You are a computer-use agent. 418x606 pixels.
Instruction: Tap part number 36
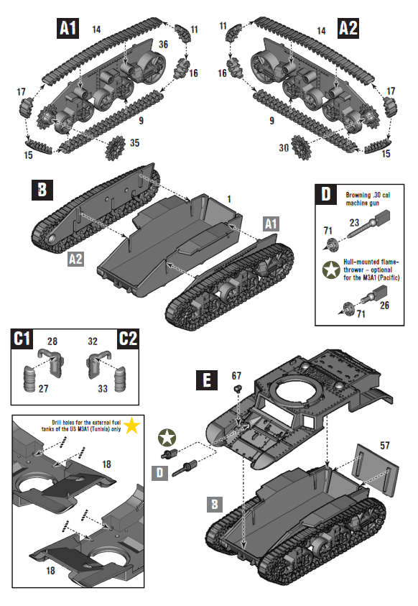(163, 45)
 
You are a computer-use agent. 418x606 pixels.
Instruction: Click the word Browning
(359, 194)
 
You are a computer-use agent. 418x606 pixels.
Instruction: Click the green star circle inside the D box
(330, 270)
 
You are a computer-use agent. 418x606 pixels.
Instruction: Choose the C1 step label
(24, 339)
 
